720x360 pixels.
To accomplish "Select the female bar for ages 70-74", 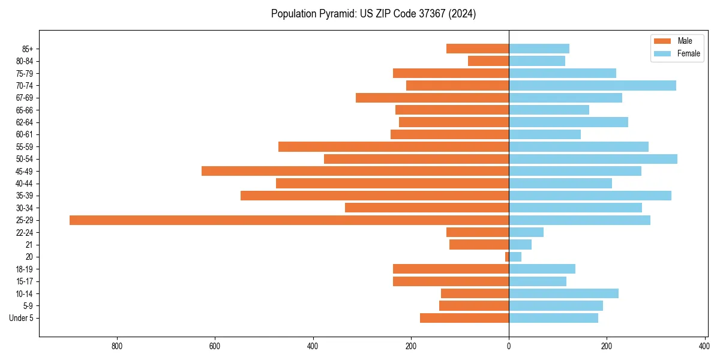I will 592,86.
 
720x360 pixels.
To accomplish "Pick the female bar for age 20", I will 515,257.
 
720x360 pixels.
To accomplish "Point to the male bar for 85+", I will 478,49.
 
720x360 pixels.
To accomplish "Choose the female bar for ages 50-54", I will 593,159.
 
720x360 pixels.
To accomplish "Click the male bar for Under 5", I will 464,318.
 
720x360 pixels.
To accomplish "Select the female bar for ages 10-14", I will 563,293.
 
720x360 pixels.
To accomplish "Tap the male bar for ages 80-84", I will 488,61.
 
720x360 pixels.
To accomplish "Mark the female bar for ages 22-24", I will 526,232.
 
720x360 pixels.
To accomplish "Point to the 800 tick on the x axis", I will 117,346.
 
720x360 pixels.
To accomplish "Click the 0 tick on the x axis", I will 509,346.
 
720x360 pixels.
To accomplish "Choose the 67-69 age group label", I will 25,98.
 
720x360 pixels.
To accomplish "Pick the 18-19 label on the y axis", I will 25,269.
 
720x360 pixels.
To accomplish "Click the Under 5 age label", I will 22,318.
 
